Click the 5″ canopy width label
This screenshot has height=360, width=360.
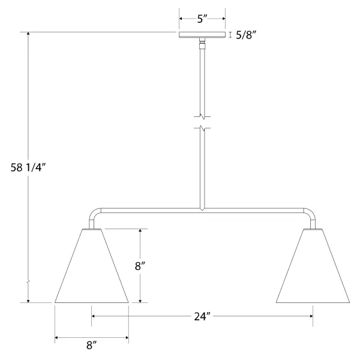[x=202, y=19]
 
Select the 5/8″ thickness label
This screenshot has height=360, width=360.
[x=246, y=35]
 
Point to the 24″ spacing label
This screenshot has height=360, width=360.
[x=202, y=317]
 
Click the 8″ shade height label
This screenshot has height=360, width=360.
[x=140, y=266]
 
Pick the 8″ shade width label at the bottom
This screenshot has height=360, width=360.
[x=91, y=345]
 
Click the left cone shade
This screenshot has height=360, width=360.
[x=91, y=266]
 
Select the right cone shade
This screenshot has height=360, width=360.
[x=313, y=266]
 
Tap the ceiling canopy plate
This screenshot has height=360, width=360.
[x=202, y=35]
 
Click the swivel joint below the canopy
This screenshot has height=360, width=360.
[x=202, y=43]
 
